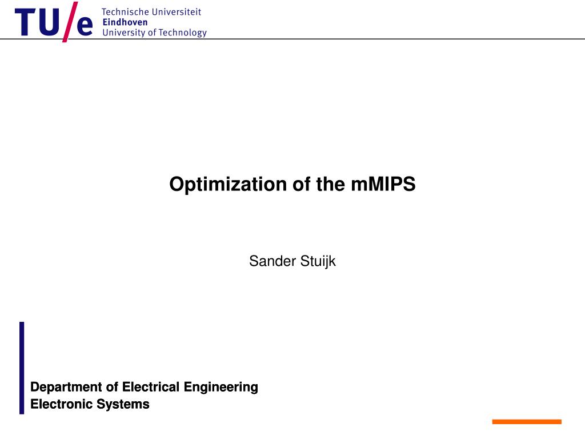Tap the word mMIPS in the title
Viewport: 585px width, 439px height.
tap(383, 184)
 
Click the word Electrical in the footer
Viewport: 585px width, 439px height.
tap(151, 387)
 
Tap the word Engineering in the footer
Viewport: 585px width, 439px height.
tap(221, 387)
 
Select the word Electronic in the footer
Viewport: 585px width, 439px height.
tap(61, 404)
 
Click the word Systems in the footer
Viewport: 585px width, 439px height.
tap(123, 404)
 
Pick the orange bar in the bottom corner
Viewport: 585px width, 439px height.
tap(527, 422)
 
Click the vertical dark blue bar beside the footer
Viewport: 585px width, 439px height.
tap(22, 368)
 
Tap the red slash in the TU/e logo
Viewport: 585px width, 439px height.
tap(70, 22)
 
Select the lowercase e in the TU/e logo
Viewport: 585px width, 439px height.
tap(85, 26)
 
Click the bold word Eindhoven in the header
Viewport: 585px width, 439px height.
tap(125, 22)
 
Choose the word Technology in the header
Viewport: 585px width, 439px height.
tap(182, 33)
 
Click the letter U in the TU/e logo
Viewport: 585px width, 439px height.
tap(49, 23)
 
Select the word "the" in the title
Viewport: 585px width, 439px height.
tap(330, 184)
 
